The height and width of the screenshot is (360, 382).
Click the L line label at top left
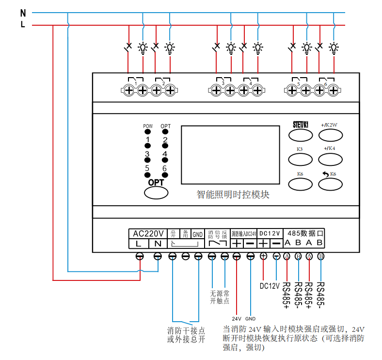pyautogui.click(x=23, y=25)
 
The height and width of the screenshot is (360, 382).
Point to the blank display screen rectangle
pyautogui.click(x=231, y=155)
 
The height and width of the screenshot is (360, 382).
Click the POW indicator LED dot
pyautogui.click(x=147, y=132)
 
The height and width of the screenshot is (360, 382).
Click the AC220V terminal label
pyautogui.click(x=148, y=233)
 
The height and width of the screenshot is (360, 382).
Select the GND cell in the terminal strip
pyautogui.click(x=198, y=234)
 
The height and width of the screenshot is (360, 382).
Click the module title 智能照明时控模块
pyautogui.click(x=233, y=195)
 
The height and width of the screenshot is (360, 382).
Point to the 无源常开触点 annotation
pyautogui.click(x=219, y=297)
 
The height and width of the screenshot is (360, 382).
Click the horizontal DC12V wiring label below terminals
pyautogui.click(x=270, y=285)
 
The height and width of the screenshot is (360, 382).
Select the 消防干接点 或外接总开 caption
pyautogui.click(x=186, y=335)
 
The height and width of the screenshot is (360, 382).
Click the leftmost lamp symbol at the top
pyautogui.click(x=143, y=47)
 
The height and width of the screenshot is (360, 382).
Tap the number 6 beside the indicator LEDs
pyautogui.click(x=164, y=168)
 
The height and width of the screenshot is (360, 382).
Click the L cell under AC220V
pyautogui.click(x=139, y=243)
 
